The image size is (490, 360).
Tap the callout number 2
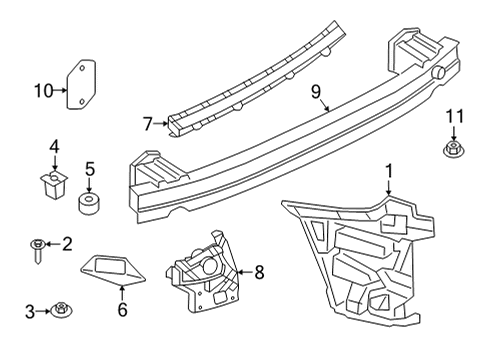[67, 243]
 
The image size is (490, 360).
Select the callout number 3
[30, 311]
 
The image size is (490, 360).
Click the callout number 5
[90, 169]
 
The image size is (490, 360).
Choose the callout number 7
[146, 124]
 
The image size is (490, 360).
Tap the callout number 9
[315, 93]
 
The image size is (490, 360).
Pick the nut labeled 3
[61, 310]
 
